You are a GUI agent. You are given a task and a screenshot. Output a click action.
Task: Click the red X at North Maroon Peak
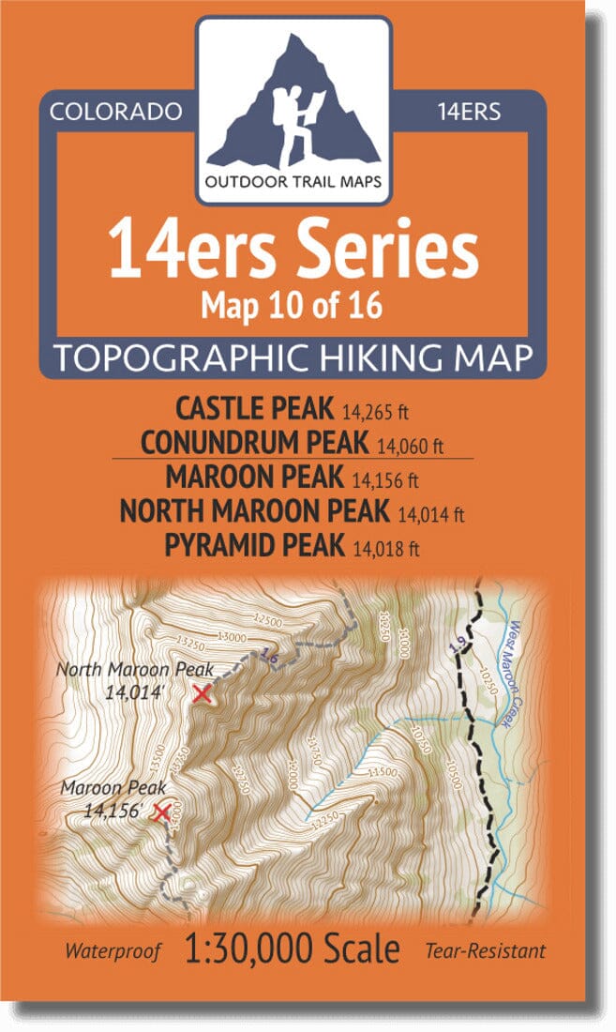201,693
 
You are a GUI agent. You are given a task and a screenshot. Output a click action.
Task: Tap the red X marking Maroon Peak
161,812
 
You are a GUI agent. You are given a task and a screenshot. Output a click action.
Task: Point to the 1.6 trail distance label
270,659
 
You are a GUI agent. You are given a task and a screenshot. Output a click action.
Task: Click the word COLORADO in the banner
115,112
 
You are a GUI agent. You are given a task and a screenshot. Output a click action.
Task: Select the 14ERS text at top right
469,112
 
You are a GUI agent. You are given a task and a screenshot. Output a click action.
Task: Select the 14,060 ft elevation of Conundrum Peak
410,444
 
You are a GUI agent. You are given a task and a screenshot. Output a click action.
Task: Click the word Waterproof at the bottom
113,950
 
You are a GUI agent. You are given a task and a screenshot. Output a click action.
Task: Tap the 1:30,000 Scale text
293,949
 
